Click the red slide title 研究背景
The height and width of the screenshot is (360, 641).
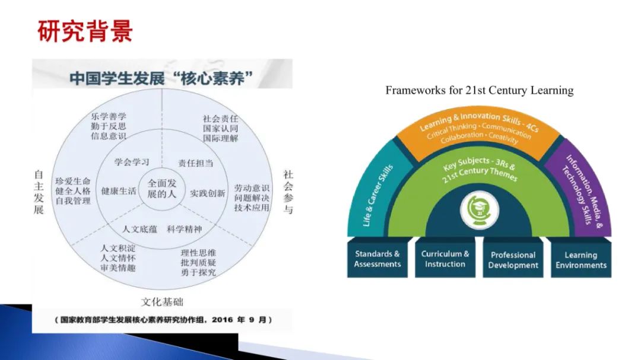coord(85,31)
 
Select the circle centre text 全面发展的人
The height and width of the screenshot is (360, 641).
coord(162,188)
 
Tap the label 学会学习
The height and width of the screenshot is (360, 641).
coord(131,161)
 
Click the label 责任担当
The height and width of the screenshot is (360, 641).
coord(195,163)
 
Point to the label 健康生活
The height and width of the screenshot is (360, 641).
coord(119,191)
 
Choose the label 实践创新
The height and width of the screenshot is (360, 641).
coord(208,193)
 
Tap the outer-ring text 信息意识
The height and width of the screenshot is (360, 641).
coord(109,136)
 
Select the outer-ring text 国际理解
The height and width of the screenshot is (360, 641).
coord(220,138)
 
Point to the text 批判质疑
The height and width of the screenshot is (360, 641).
coord(198,262)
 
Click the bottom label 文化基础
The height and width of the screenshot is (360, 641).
coord(162,302)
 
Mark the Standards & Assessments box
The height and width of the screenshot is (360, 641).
coord(377,259)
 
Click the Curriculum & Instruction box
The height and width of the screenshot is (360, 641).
coord(445,259)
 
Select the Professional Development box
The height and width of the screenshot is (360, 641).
coord(513,260)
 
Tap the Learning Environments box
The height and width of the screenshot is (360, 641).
coord(580,260)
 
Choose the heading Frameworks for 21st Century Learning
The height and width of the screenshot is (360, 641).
coord(480,90)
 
